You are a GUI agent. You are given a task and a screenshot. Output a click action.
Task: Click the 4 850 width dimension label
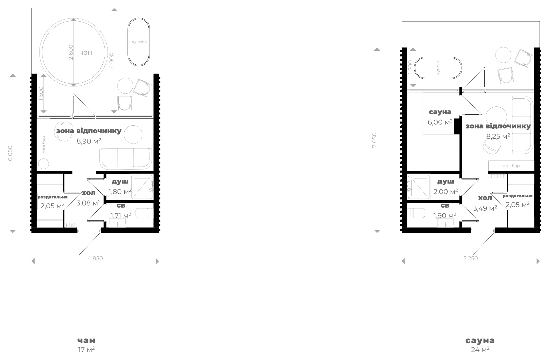click(x=95, y=258)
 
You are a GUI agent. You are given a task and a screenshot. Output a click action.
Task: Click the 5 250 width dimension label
click(x=470, y=258)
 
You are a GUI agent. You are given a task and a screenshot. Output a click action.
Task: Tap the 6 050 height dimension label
click(x=10, y=153)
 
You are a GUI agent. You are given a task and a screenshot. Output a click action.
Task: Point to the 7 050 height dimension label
click(x=374, y=140)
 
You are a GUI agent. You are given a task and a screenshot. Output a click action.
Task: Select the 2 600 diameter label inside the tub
click(x=71, y=52)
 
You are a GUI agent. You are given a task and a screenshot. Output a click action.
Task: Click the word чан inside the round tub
click(x=86, y=52)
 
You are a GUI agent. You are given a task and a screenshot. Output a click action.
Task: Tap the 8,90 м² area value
click(x=89, y=141)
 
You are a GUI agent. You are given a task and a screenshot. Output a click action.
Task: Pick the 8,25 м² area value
click(x=498, y=136)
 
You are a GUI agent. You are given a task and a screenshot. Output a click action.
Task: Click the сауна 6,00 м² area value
click(x=440, y=122)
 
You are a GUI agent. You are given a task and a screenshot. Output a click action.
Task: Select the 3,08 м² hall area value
click(x=88, y=203)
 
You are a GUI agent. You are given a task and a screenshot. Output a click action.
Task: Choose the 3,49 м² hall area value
click(x=485, y=208)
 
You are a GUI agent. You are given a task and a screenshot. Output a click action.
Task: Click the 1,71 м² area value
click(x=121, y=215)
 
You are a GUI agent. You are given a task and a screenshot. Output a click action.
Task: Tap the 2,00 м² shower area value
click(x=445, y=191)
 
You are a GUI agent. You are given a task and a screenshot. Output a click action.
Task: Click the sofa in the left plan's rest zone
click(x=126, y=158)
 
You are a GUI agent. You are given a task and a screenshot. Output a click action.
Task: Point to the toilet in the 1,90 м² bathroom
click(x=414, y=213)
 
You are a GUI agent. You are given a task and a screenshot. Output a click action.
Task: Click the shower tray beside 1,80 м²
click(x=142, y=186)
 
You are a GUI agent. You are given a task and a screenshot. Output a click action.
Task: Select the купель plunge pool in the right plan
click(x=438, y=68)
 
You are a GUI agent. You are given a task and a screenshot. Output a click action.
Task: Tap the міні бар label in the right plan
click(x=511, y=166)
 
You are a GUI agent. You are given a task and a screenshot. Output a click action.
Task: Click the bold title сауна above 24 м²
click(x=480, y=341)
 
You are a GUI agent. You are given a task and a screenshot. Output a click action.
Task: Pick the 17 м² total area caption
click(x=86, y=349)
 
